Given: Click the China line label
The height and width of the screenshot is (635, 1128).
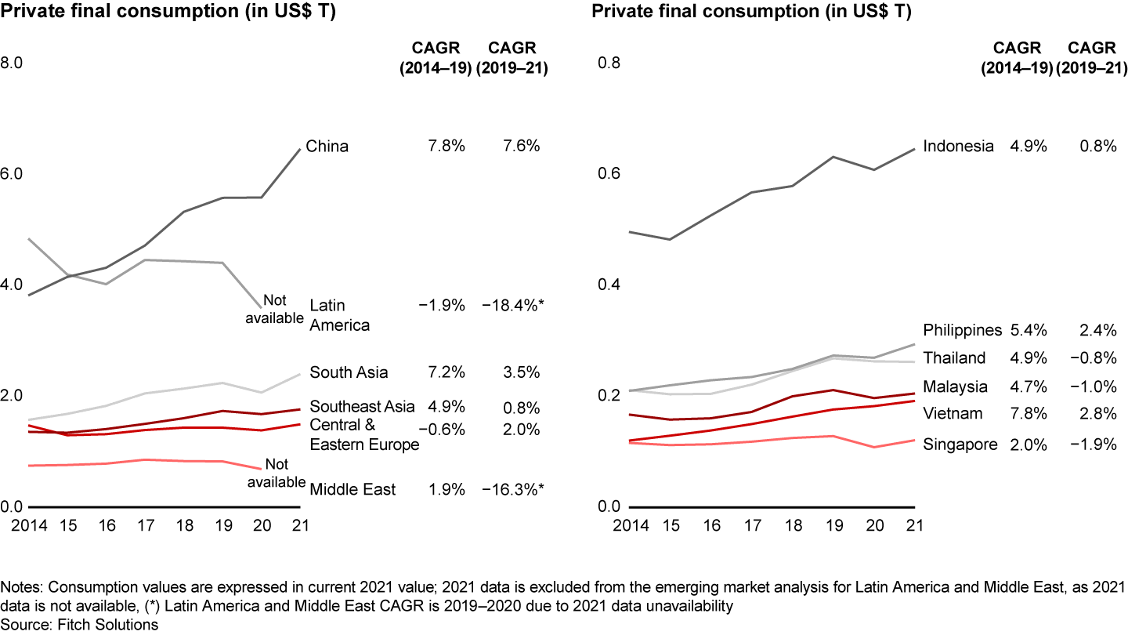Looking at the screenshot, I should tap(327, 147).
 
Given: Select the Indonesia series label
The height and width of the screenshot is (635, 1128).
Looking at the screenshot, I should tap(958, 147).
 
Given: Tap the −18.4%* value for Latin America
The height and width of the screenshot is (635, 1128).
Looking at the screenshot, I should tap(513, 305).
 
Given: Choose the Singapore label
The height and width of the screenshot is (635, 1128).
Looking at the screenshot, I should tap(960, 444).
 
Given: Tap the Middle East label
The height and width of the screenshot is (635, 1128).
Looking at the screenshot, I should tap(352, 490).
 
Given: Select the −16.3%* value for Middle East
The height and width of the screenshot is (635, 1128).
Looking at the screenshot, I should tap(513, 490).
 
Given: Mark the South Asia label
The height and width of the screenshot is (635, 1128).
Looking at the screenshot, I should tap(349, 372).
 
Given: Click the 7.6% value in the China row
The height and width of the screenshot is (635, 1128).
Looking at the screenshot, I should tap(519, 147).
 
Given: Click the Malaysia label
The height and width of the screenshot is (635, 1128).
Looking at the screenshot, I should tap(955, 386).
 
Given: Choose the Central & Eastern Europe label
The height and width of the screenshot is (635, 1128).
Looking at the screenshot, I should tap(364, 435).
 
